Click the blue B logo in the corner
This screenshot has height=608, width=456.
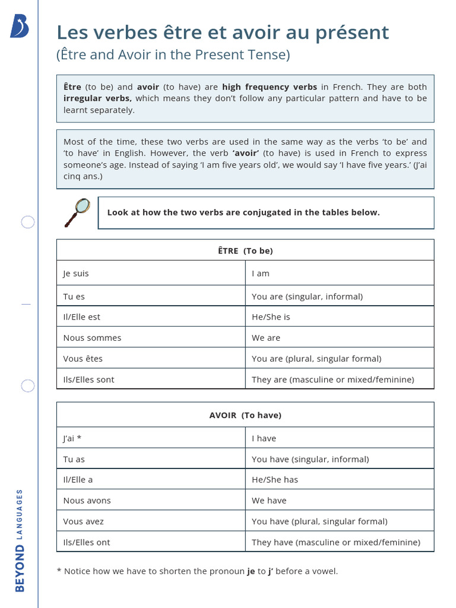[x=20, y=27]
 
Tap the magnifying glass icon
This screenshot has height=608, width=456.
[x=77, y=212]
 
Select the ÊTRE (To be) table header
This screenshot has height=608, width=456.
[x=245, y=251]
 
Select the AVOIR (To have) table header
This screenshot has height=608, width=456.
[x=245, y=415]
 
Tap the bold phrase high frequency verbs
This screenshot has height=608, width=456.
[x=270, y=87]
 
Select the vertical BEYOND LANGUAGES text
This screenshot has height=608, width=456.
[x=20, y=540]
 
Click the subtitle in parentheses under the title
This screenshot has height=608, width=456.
[x=173, y=55]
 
